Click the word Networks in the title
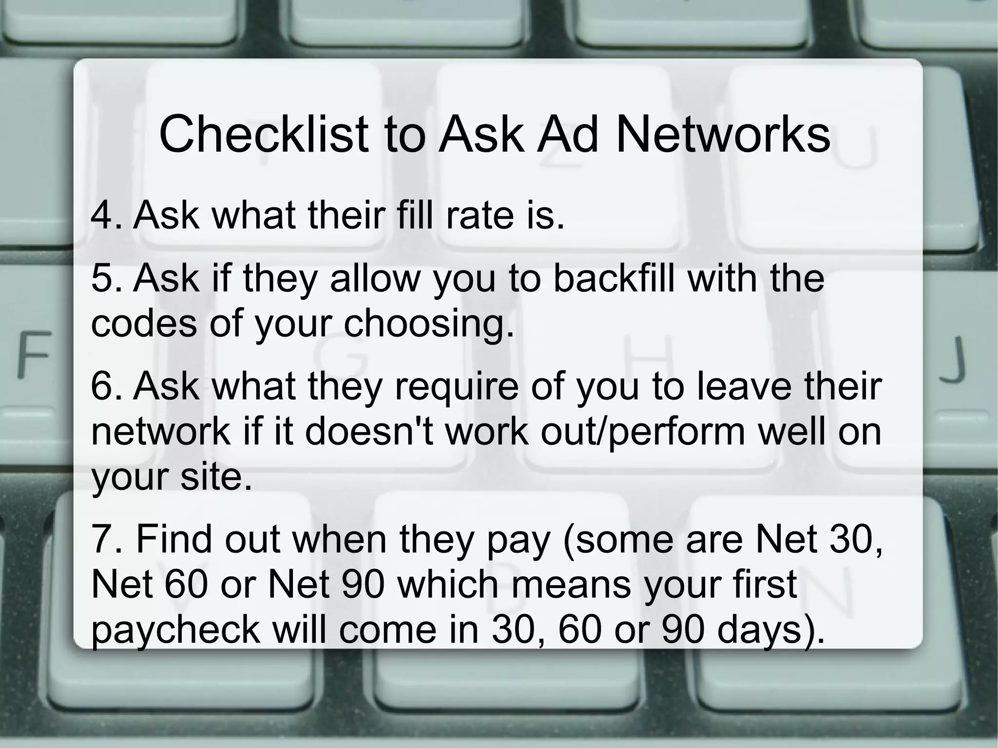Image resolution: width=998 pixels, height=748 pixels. pos(723,134)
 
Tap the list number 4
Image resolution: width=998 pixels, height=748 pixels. pos(103,215)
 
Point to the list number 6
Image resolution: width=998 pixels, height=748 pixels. pos(103,386)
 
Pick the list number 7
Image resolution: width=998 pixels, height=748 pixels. pos(103,539)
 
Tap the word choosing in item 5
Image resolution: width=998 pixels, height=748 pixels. pos(429,325)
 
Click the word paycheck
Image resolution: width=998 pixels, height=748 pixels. pos(175,630)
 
